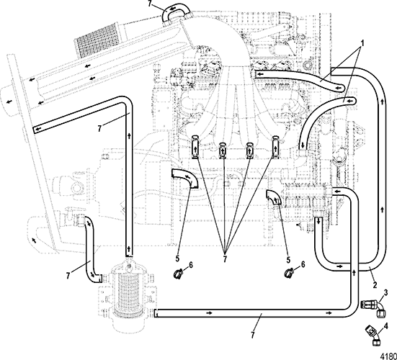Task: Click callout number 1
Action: point(362,43)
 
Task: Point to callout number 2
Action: point(375,285)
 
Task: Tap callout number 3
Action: point(385,293)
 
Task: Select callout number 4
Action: point(386,326)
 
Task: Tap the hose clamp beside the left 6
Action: point(179,274)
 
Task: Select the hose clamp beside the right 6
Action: point(289,273)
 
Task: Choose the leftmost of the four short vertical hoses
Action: point(195,148)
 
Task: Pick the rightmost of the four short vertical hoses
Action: point(275,148)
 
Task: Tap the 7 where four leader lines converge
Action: point(225,258)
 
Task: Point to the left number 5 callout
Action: point(177,258)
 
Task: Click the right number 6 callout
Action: point(303,264)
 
